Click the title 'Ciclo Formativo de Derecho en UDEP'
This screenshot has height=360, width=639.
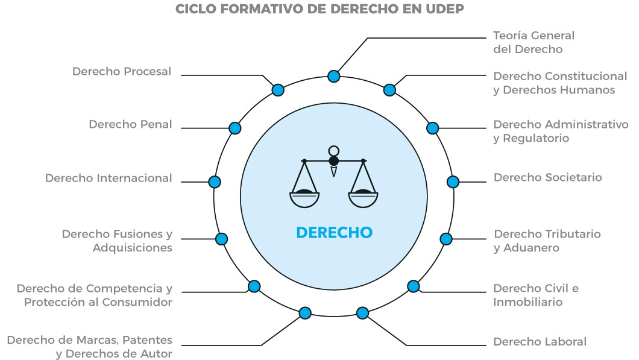point(319,10)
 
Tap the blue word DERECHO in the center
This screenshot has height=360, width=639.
point(334,233)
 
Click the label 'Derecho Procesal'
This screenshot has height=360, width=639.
point(122,71)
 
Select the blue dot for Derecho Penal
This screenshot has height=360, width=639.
point(235,128)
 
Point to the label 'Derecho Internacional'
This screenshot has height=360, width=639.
point(109,178)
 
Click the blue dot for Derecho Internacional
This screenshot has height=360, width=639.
point(214,182)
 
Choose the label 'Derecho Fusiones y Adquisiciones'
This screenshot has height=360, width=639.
point(117,241)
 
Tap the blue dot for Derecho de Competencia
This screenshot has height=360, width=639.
point(254,286)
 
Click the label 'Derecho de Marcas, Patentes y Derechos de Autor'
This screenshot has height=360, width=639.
point(90,347)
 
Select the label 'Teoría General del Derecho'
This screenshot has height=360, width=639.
point(534,43)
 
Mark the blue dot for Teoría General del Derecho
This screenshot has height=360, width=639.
point(334,76)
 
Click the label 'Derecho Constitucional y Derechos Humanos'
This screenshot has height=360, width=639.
point(560,83)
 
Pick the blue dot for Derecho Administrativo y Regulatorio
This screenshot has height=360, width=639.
point(432,128)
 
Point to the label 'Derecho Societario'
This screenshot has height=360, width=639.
point(547,177)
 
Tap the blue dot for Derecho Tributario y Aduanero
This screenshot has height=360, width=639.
point(446,239)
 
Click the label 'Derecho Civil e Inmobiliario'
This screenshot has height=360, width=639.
point(535,295)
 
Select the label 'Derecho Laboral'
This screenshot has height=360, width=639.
point(540,342)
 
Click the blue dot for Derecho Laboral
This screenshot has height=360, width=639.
point(362,312)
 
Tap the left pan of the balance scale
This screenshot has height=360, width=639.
point(304,197)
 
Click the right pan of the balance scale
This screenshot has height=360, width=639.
point(364,197)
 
